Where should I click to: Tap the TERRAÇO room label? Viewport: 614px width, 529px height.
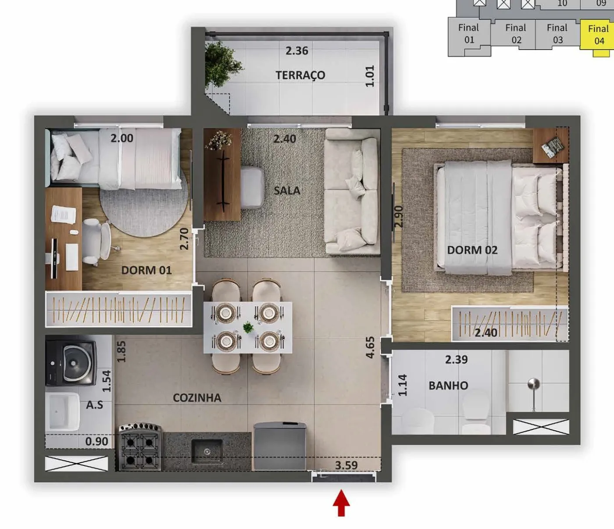[300, 75]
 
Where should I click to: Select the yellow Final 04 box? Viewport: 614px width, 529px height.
[597, 35]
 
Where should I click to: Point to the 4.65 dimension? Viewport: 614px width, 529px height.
[370, 347]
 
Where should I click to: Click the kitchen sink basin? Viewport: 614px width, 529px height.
[207, 451]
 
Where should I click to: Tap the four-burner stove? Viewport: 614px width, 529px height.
[140, 447]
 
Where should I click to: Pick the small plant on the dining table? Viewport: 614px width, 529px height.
[248, 327]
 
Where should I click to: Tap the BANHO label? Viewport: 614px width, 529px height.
[448, 386]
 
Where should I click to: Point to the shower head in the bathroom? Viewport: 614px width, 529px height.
[534, 385]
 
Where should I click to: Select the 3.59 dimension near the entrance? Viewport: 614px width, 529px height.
[346, 465]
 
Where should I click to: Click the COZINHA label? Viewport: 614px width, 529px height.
[197, 398]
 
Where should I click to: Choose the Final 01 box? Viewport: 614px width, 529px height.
[469, 34]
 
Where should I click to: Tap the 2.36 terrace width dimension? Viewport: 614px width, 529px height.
[297, 50]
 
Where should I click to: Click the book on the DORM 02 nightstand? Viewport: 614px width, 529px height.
[553, 146]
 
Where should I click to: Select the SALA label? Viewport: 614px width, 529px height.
[287, 190]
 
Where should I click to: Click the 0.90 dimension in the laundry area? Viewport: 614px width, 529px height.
[96, 441]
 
